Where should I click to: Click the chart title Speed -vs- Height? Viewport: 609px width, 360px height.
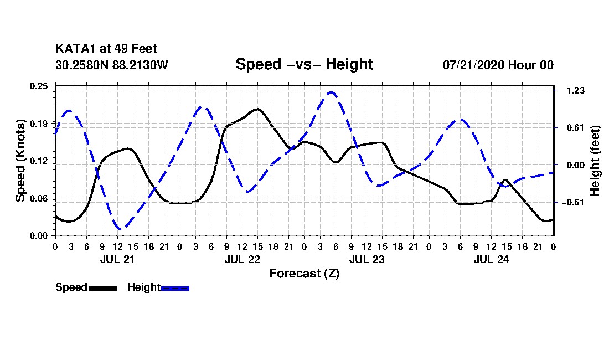coord(304,64)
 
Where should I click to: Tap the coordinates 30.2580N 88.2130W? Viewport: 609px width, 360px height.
coord(112,65)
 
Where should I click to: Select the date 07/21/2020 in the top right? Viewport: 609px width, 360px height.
coord(474,65)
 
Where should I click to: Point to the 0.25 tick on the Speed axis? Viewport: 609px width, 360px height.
coord(39,86)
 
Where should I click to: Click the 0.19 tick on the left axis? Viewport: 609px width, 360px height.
coord(39,124)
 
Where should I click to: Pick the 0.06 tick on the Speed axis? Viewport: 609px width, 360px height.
coord(39,198)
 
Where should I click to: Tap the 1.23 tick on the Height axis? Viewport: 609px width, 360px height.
coord(576,90)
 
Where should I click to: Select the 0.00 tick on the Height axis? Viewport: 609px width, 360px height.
coord(576,165)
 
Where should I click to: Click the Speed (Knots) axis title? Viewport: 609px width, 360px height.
coord(20,161)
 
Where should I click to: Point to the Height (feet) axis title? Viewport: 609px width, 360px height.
coord(595,161)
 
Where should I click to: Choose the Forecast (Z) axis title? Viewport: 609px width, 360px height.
coord(304,274)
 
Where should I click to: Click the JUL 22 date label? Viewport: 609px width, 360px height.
coord(242,259)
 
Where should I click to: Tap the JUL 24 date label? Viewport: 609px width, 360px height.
coord(491,259)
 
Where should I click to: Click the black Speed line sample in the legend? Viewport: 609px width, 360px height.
coord(104,289)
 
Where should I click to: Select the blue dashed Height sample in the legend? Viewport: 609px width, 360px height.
coord(175,289)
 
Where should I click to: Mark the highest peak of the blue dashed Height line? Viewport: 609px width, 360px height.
coord(331,92)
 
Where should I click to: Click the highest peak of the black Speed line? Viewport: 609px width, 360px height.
coord(257,110)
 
